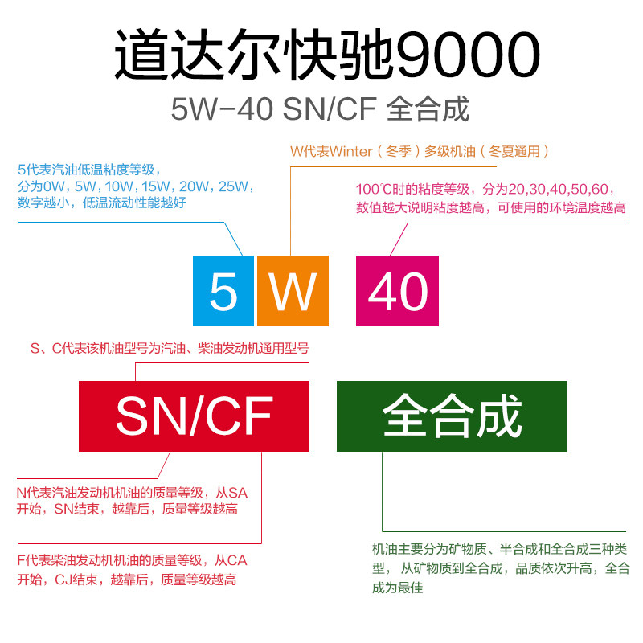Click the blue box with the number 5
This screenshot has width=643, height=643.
[x=223, y=290]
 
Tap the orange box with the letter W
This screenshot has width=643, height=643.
[x=293, y=290]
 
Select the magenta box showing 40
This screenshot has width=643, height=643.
[x=397, y=290]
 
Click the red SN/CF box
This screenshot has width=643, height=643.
[x=194, y=416]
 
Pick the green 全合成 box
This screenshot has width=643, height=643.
[x=452, y=416]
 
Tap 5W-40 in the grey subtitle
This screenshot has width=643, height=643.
[x=223, y=109]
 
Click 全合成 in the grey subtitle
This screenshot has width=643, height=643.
[x=428, y=109]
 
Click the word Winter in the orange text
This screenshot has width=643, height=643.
[x=351, y=150]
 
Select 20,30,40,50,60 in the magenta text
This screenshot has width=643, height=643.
[x=559, y=190]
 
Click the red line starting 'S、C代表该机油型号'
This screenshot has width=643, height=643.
[x=169, y=349]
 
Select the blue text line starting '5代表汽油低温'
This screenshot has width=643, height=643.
[x=89, y=170]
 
